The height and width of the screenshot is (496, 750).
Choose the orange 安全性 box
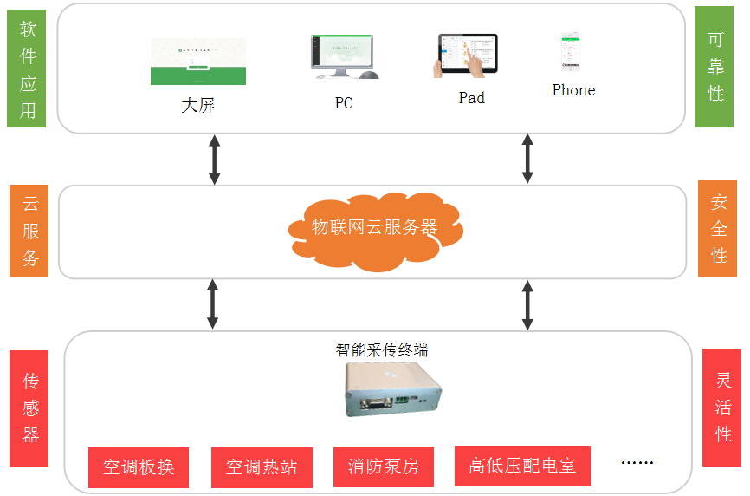point(717,229)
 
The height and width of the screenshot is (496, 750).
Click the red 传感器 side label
point(29,408)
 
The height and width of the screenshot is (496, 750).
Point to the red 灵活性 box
point(721,407)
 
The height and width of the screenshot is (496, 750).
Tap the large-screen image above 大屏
point(197,62)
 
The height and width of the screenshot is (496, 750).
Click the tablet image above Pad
point(467,56)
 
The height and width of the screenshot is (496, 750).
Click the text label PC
point(344,103)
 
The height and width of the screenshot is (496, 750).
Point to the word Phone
point(573,90)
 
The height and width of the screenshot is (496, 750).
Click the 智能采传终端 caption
point(382,349)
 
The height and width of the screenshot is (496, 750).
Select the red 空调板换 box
point(139,467)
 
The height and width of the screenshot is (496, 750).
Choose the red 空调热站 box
point(262,467)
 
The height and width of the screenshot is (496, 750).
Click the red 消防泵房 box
point(384,467)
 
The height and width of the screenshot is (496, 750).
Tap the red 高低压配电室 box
point(522,466)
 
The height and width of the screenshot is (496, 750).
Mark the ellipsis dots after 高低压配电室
point(637,464)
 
